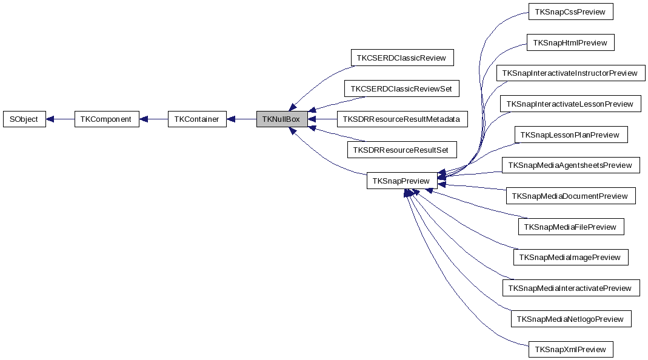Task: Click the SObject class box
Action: (24, 119)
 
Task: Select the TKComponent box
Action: (107, 119)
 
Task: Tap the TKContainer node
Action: (196, 119)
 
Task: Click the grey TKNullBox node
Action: (281, 119)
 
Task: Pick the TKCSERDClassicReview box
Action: (402, 58)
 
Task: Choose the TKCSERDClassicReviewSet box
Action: (401, 88)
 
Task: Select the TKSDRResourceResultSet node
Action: (402, 150)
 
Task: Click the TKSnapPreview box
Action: (401, 181)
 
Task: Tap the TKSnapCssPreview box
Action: (570, 12)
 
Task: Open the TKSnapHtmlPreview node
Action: (570, 42)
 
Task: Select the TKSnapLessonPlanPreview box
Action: (570, 135)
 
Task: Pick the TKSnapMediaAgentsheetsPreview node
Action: (570, 165)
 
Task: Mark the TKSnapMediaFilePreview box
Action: (570, 227)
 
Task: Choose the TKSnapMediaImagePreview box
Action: (570, 258)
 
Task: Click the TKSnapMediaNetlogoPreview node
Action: (570, 319)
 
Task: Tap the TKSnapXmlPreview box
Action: (570, 350)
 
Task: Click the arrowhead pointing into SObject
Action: (51, 119)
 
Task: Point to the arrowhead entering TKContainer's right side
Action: (232, 119)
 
